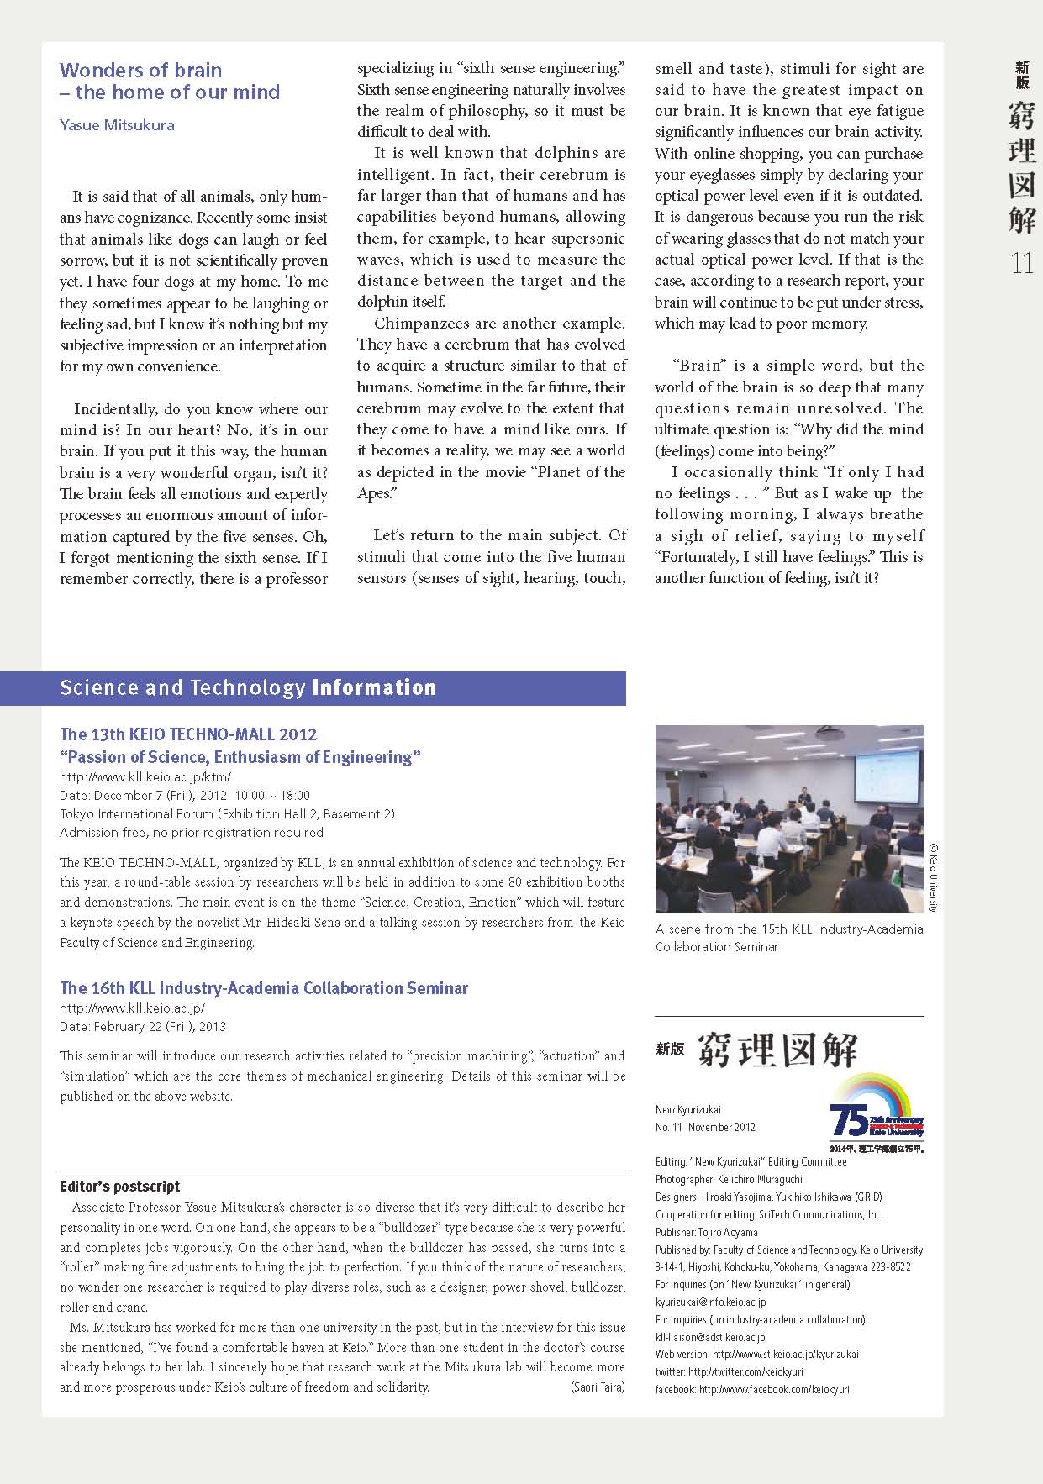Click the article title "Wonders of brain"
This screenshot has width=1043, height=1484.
coord(141,71)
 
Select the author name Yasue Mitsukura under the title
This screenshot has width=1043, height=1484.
coord(117,125)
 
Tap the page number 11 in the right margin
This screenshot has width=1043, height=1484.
coord(1021,264)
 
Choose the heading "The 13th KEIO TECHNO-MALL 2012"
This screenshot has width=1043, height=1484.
coord(188,734)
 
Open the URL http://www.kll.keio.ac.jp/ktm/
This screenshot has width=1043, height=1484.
coord(145,777)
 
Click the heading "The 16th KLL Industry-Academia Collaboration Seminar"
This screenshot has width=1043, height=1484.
coord(264,988)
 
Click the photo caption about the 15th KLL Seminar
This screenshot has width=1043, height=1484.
coord(788,938)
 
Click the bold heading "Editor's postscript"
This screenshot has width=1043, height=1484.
coord(120,1187)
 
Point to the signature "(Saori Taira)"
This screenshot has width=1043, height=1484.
coord(597,1387)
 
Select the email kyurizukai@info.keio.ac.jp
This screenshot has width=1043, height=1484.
coord(710,1302)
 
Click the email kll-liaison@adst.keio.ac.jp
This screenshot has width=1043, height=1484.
coord(710,1337)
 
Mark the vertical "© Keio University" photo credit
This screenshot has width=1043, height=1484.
coord(933,878)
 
